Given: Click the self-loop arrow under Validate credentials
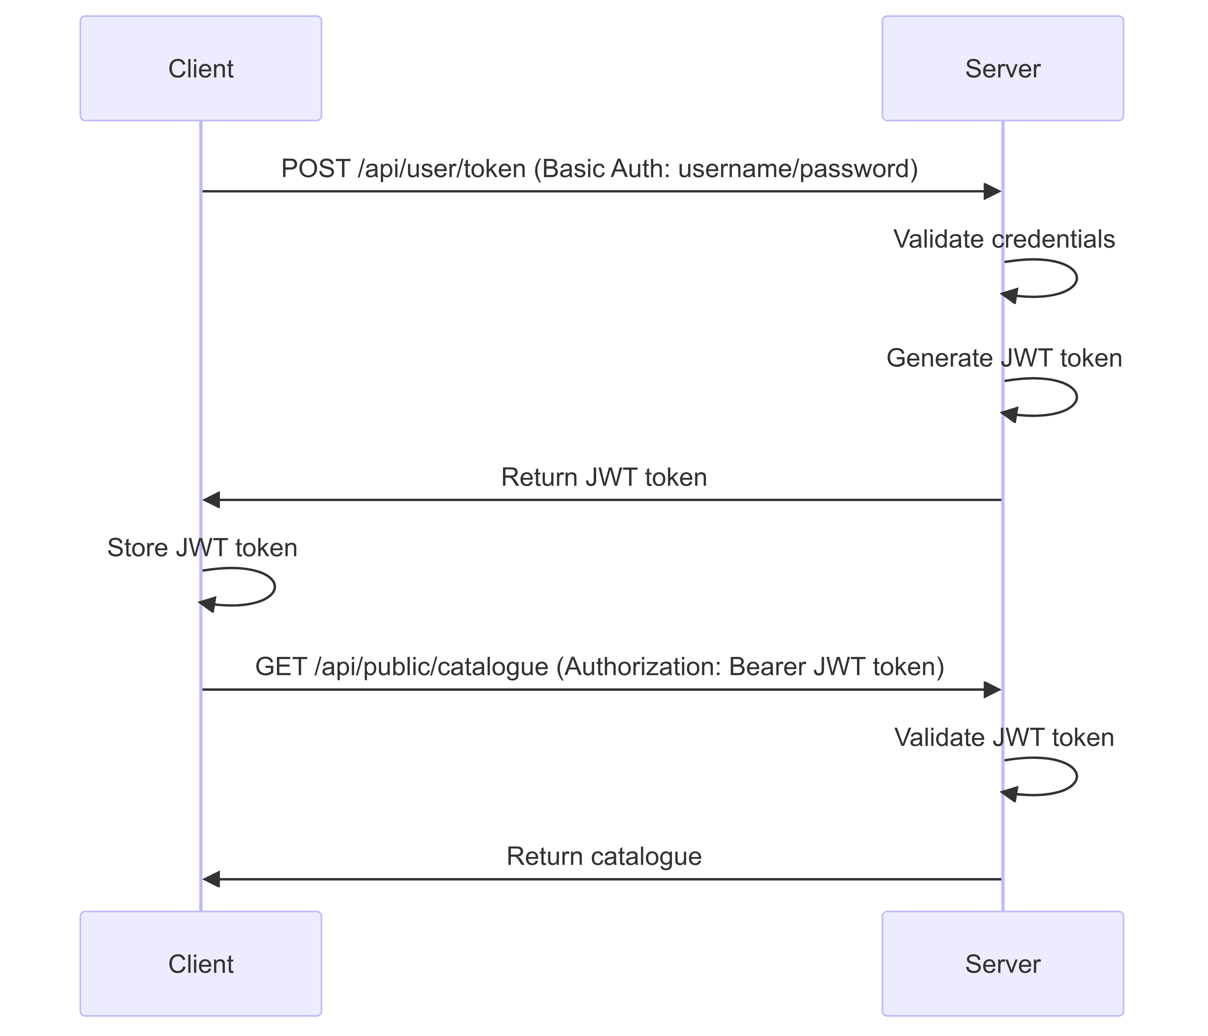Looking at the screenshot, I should pos(1076,279).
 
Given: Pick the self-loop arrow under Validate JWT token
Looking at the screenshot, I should pos(1076,776).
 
